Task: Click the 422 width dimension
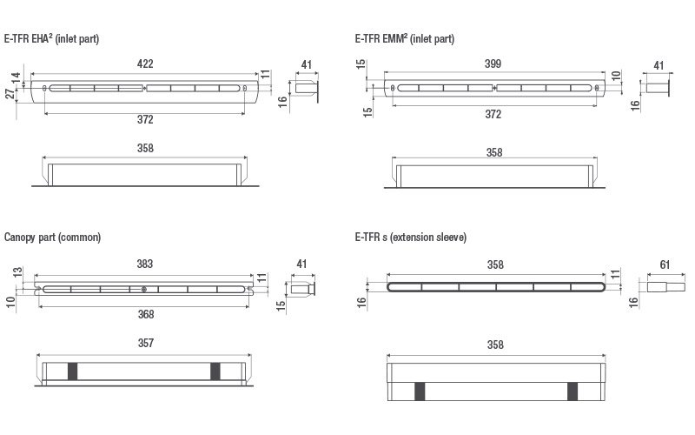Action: point(145,64)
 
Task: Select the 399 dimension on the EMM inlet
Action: point(493,64)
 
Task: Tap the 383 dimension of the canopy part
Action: point(145,264)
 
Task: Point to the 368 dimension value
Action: point(145,315)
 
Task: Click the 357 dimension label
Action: point(145,343)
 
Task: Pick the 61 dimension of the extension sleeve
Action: point(665,265)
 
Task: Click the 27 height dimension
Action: point(10,94)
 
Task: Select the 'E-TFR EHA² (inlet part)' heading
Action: point(51,39)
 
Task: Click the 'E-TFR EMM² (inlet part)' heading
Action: point(405,39)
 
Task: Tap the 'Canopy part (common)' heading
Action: point(52,238)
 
